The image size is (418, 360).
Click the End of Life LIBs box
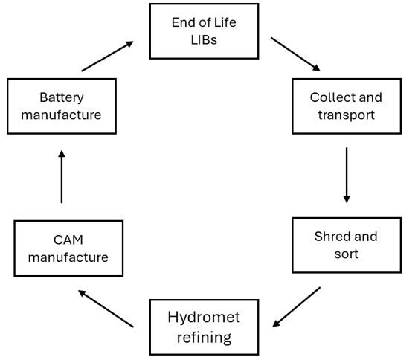[204, 31]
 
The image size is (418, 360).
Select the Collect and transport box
[347, 106]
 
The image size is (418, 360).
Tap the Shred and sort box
[347, 245]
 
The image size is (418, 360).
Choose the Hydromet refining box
[204, 327]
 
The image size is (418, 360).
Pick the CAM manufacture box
[68, 248]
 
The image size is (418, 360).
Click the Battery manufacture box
[62, 106]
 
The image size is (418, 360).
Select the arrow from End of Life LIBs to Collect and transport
[295, 54]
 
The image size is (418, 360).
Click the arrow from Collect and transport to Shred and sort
[347, 175]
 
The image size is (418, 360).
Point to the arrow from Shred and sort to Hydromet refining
[296, 307]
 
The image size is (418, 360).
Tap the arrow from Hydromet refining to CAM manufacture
[106, 309]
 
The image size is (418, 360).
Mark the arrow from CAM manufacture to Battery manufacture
[62, 176]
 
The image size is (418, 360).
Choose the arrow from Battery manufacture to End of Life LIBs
[107, 57]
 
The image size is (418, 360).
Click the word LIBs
[204, 39]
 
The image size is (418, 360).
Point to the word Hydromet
[204, 317]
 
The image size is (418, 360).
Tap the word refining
[205, 338]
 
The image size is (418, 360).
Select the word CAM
[68, 240]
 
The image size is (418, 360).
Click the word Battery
[62, 97]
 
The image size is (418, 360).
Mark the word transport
[347, 115]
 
